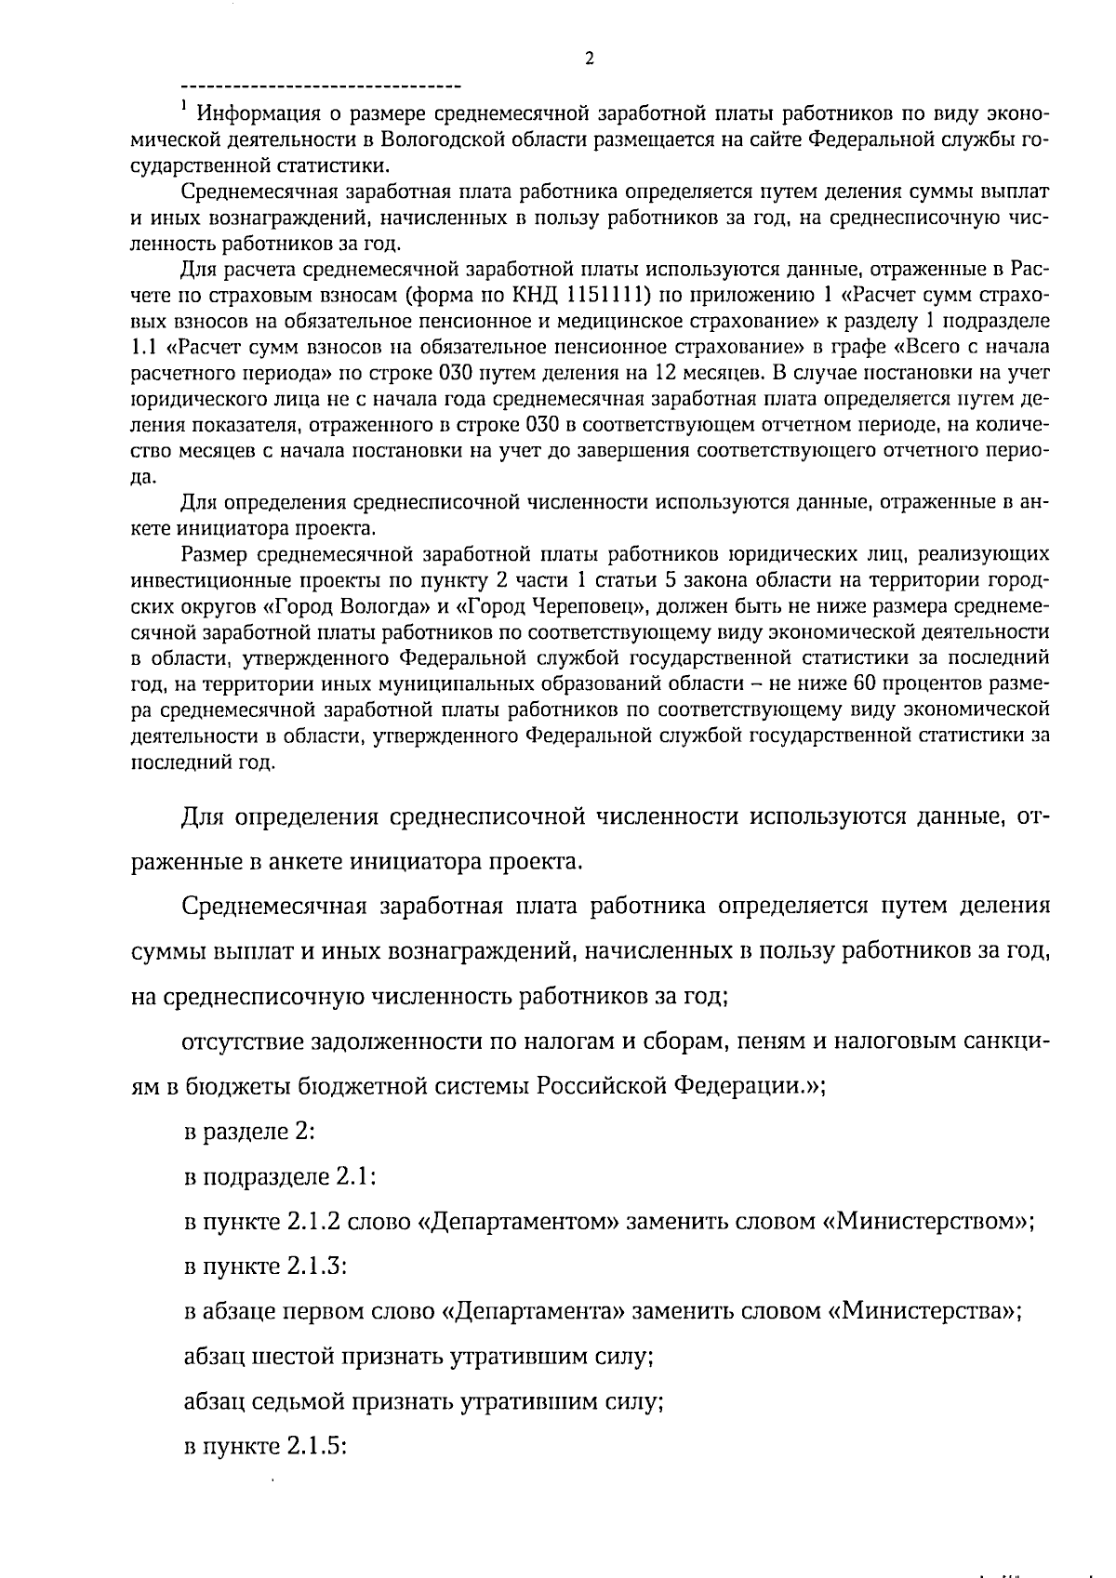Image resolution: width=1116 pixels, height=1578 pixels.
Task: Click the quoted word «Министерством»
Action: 926,1222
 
